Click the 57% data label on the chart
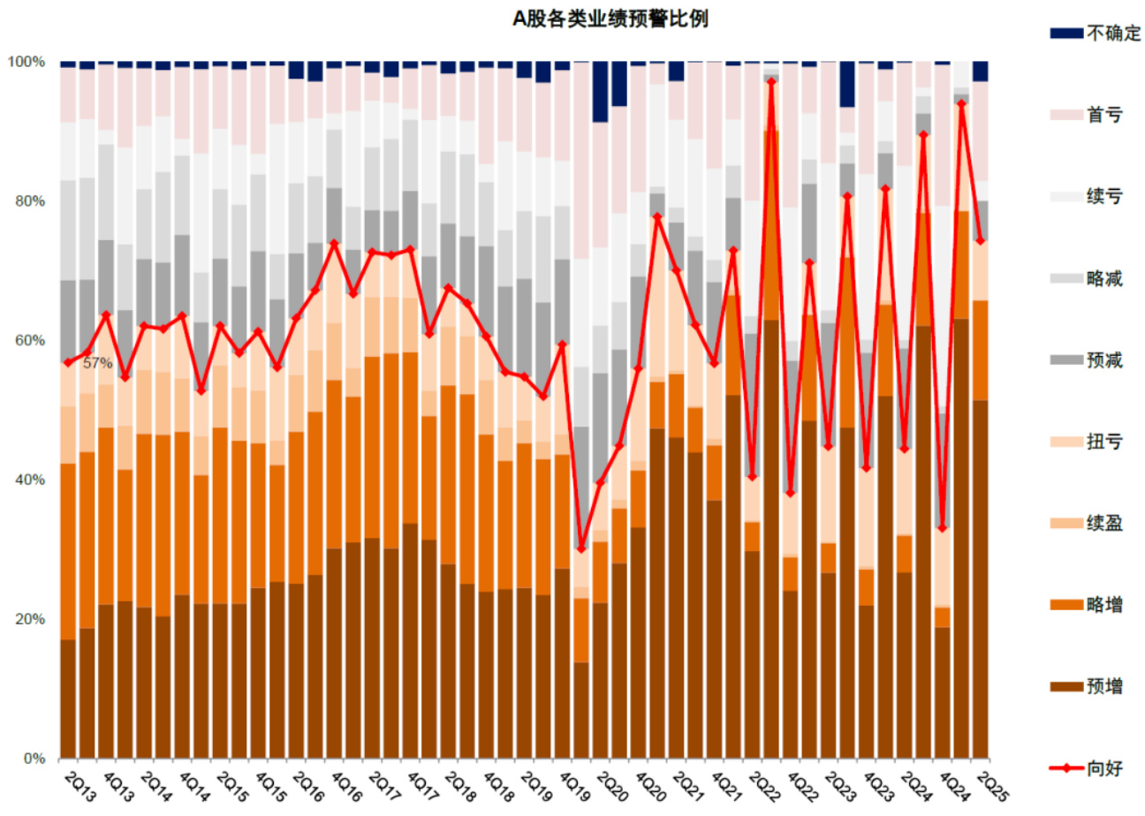(x=97, y=363)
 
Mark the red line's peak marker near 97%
(x=771, y=81)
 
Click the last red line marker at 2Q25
(x=980, y=240)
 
